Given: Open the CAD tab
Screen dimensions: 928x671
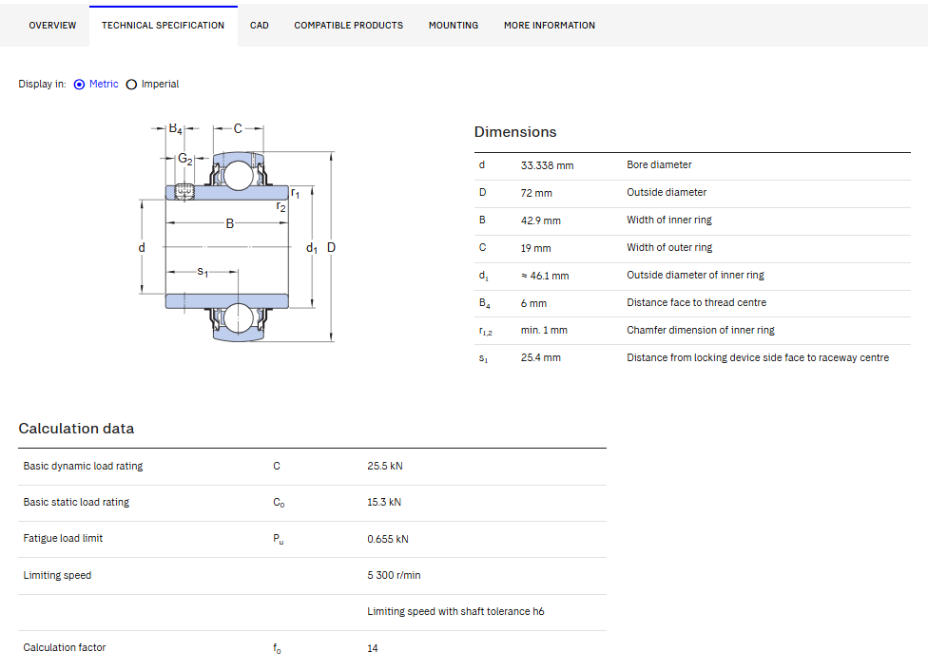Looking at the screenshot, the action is tap(260, 26).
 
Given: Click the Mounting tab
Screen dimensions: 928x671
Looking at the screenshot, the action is tap(454, 26).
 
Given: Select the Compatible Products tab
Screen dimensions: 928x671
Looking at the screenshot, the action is tap(349, 26).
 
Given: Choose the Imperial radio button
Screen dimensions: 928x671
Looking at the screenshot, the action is tap(131, 85).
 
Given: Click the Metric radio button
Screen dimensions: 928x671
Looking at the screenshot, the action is tap(79, 85).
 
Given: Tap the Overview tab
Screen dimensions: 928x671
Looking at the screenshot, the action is tap(52, 26).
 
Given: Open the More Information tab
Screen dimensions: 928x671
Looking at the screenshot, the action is tap(550, 26).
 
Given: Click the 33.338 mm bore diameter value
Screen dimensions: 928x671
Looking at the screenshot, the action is tap(547, 165).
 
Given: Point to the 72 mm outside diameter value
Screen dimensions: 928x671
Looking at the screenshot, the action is tap(536, 193).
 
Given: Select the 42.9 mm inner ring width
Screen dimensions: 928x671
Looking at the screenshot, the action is tap(540, 220).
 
